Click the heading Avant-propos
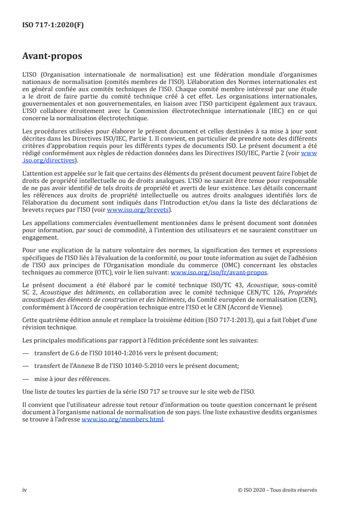(x=52, y=56)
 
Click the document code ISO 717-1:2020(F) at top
(x=53, y=25)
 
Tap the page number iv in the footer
(x=25, y=489)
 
